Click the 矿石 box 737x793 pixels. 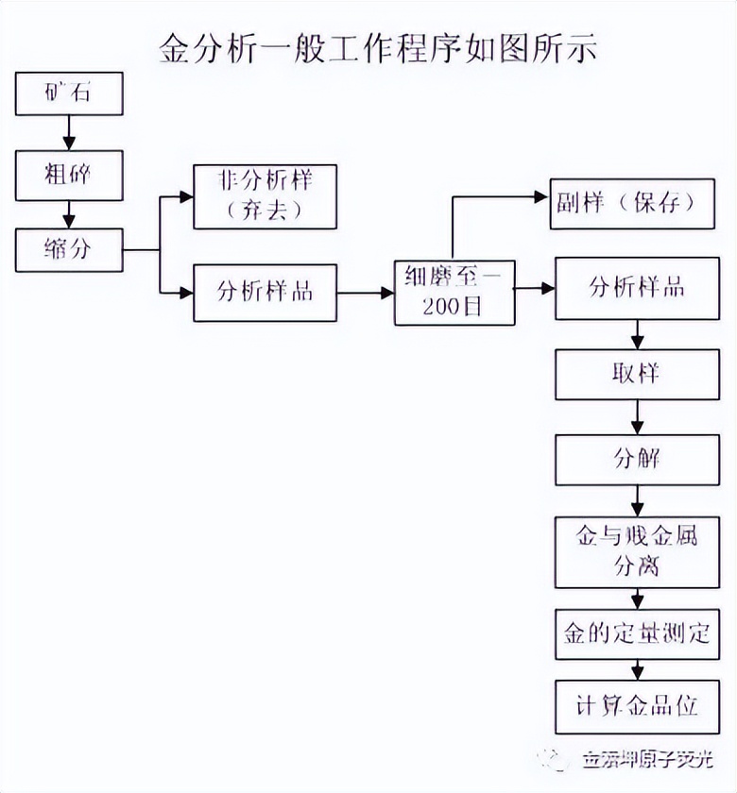coord(69,93)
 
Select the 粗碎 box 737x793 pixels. coord(69,176)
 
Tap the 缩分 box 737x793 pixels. coord(69,250)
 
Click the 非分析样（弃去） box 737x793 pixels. coord(265,196)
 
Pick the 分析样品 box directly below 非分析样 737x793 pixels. coord(265,293)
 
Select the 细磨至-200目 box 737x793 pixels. coord(455,293)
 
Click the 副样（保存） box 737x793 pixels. coord(634,203)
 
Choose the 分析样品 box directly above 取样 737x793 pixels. coord(637,288)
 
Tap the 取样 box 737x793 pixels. coord(637,374)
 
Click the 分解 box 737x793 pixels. coord(637,460)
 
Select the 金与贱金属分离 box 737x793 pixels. coord(637,551)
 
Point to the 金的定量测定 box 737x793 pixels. coord(637,633)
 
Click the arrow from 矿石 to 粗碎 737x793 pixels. coord(69,132)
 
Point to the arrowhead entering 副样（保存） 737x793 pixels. coord(542,198)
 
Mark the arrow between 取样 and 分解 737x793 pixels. coord(638,417)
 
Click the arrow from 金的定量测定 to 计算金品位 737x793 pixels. coord(638,669)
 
